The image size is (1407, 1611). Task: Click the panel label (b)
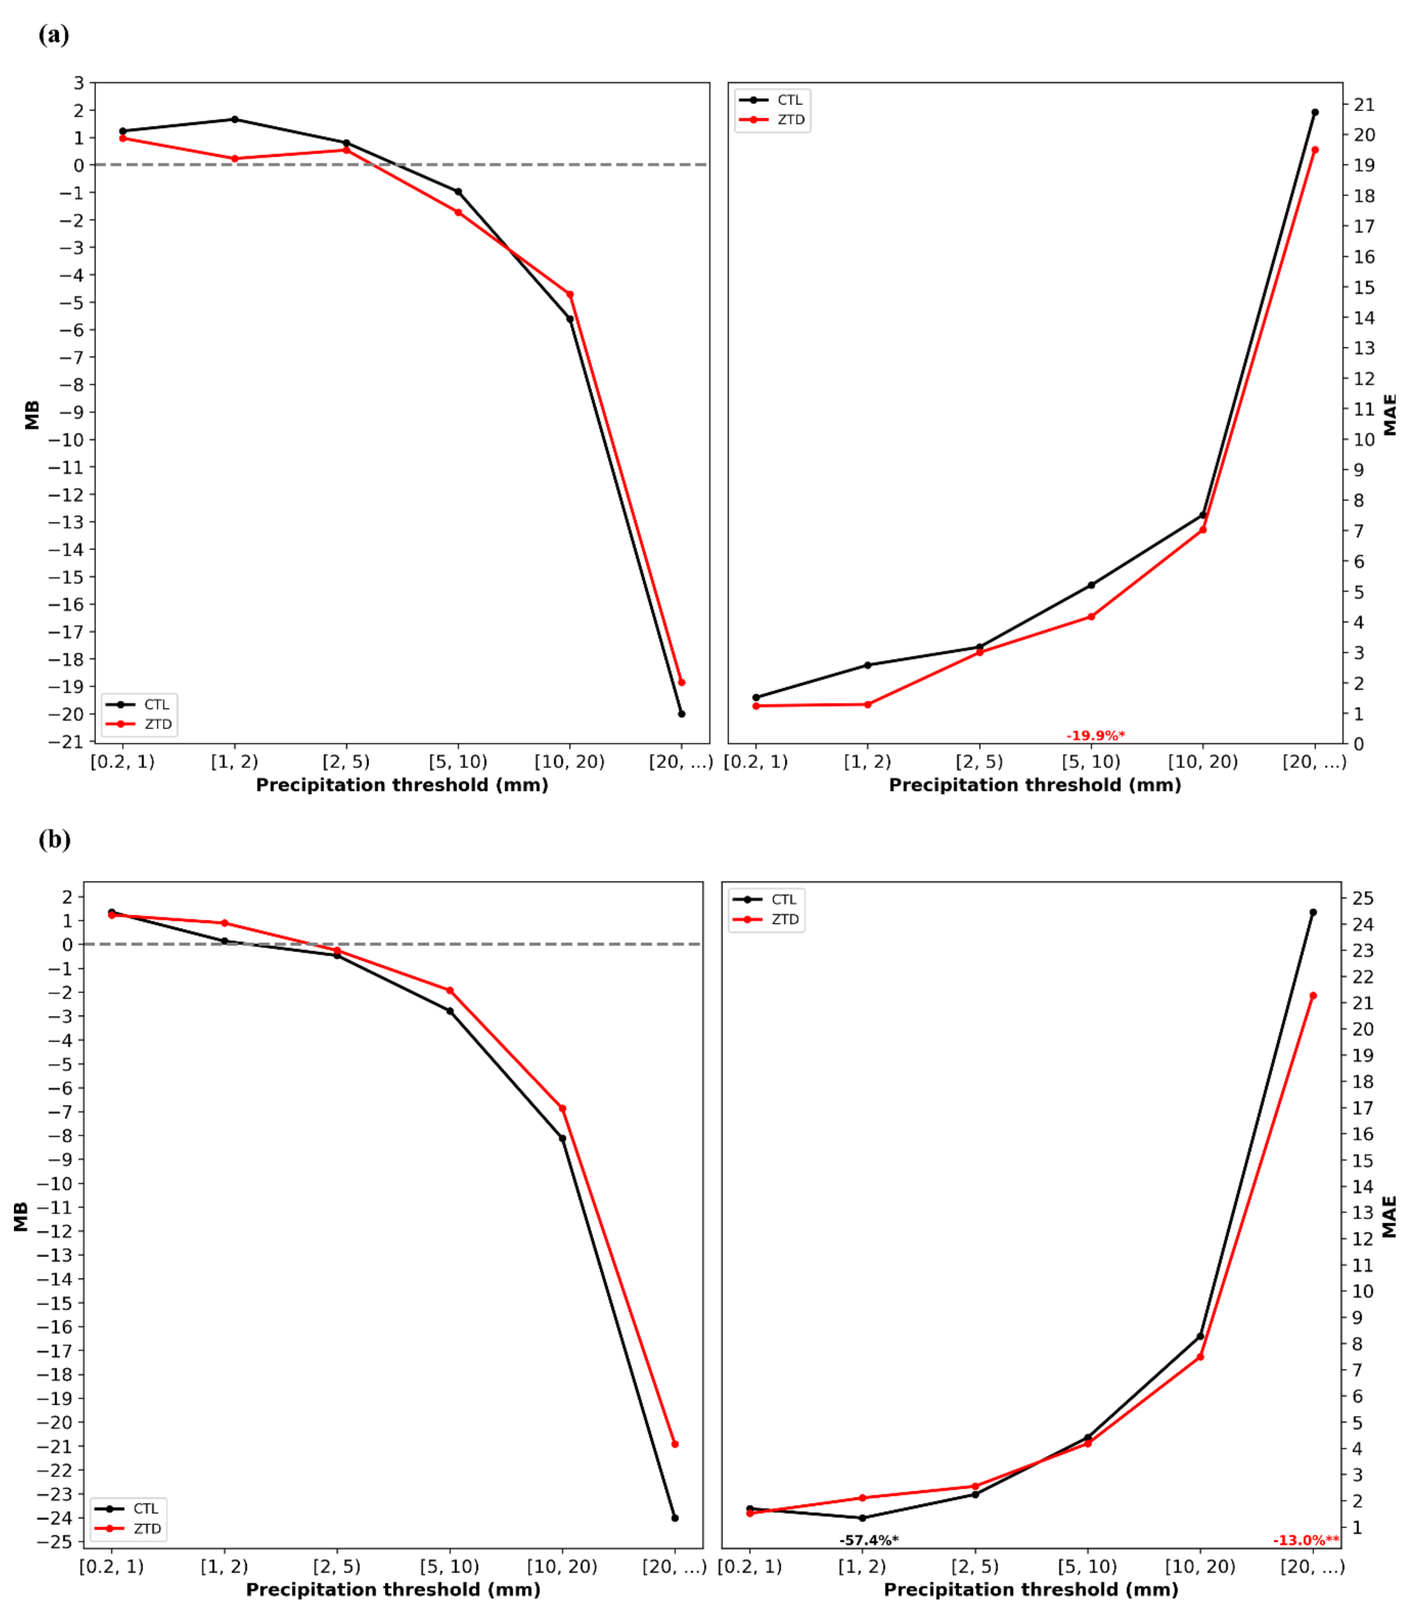[x=54, y=839]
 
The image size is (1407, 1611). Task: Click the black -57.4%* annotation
[x=869, y=1540]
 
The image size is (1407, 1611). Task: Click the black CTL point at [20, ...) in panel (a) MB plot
[x=682, y=714]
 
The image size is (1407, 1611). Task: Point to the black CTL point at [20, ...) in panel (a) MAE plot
[x=1315, y=112]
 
